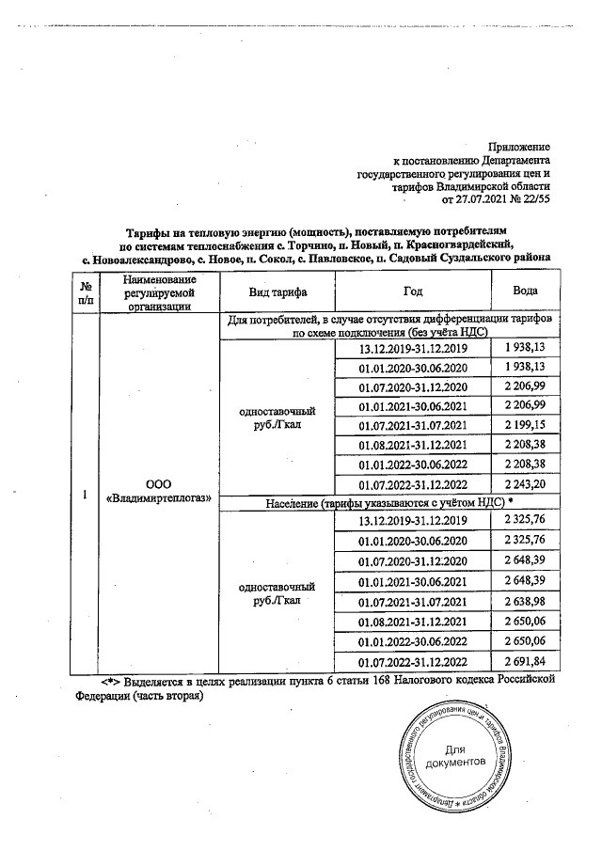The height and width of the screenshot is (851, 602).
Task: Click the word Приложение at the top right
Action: (519, 148)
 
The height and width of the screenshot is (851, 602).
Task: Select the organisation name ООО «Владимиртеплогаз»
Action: (158, 489)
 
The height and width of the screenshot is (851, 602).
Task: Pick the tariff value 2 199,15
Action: (525, 426)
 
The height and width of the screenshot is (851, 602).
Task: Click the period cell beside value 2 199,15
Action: (413, 426)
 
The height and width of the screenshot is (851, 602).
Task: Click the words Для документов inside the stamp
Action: (455, 755)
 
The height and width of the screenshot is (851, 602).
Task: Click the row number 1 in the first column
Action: (86, 495)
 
